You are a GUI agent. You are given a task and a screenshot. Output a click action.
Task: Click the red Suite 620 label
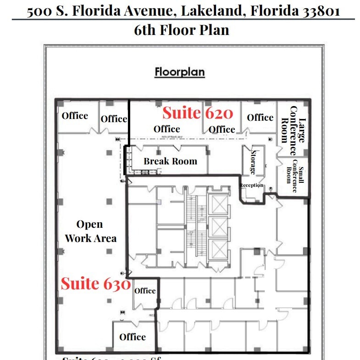(198, 113)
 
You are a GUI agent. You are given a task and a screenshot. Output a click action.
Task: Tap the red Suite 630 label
(96, 284)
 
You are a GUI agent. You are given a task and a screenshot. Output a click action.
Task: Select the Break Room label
(170, 161)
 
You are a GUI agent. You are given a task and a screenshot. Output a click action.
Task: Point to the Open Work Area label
(90, 231)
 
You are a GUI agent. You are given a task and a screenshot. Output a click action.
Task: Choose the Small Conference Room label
(292, 171)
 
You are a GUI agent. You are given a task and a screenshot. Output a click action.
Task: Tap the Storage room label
(253, 162)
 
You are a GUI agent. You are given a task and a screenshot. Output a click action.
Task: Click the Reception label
(251, 186)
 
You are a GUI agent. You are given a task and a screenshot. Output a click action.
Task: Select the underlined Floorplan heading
(180, 72)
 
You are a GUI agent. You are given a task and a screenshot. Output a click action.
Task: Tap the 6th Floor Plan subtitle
(182, 30)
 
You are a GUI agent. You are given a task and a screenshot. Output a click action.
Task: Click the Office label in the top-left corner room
(75, 115)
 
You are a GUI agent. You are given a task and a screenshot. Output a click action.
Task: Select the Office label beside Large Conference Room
(260, 118)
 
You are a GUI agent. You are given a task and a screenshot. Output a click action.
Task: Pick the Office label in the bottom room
(133, 337)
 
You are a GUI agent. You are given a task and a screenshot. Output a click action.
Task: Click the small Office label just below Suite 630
(145, 291)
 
